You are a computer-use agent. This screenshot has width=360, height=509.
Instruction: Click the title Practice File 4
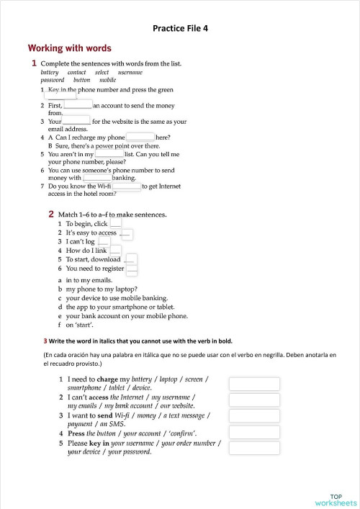click(x=181, y=28)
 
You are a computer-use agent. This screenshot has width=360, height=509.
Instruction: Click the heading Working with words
click(x=69, y=48)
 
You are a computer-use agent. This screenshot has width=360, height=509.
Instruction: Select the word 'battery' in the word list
click(x=50, y=72)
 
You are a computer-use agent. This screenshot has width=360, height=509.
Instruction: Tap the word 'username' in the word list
click(x=130, y=72)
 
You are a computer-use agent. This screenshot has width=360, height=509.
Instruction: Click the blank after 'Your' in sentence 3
click(x=77, y=121)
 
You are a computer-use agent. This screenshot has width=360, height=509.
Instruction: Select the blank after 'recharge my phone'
click(x=140, y=137)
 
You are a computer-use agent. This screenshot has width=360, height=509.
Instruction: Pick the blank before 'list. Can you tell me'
click(x=109, y=153)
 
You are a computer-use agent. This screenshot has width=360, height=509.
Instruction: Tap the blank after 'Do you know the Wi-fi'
click(x=127, y=186)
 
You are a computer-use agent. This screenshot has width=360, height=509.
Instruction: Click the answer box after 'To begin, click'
click(x=116, y=224)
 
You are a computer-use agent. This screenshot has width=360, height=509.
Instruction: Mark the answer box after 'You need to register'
click(x=131, y=269)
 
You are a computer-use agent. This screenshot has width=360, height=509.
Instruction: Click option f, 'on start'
click(x=75, y=325)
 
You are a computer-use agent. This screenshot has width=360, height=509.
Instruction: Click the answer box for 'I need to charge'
click(x=254, y=384)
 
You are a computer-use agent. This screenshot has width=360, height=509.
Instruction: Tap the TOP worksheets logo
click(x=336, y=500)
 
